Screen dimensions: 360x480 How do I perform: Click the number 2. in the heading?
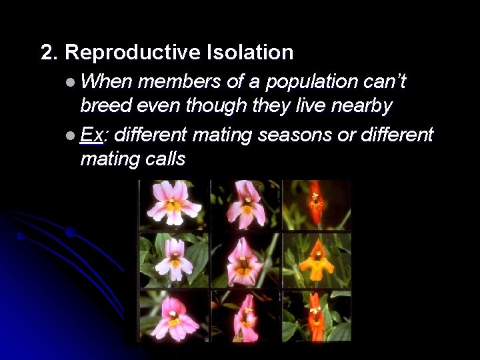(49, 53)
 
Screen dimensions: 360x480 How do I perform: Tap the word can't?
(387, 82)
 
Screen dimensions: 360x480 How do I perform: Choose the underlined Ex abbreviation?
(91, 135)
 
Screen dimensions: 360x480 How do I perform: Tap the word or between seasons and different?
(347, 135)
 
